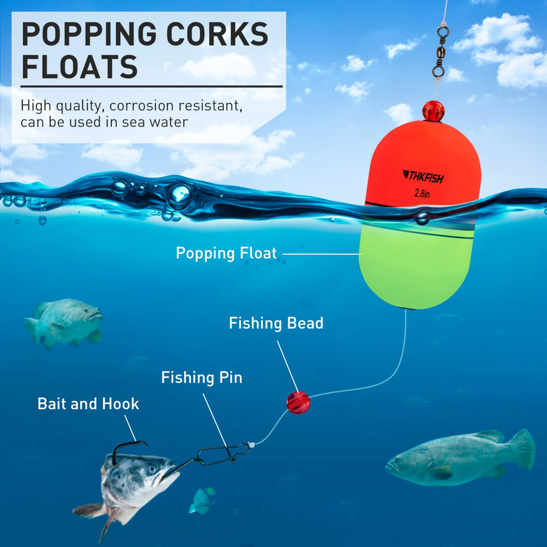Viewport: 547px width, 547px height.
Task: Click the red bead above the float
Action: click(x=433, y=111)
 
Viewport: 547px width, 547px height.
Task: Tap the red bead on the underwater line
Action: click(x=298, y=403)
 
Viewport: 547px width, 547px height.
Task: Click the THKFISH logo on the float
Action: click(x=423, y=176)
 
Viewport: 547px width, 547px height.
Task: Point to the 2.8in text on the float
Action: click(x=422, y=193)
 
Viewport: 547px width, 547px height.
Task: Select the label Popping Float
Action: click(x=226, y=253)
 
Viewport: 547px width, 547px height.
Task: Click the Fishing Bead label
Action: click(x=276, y=323)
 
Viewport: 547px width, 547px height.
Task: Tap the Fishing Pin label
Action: click(x=201, y=378)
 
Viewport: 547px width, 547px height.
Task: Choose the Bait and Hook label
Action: click(x=88, y=404)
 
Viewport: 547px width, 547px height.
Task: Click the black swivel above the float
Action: click(x=440, y=49)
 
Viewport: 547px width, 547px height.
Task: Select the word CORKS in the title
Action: click(x=217, y=34)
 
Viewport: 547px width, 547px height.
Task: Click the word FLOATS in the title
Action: click(x=80, y=67)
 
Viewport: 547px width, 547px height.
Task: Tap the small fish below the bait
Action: click(x=202, y=501)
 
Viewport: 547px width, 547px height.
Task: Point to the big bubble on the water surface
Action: click(x=179, y=196)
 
